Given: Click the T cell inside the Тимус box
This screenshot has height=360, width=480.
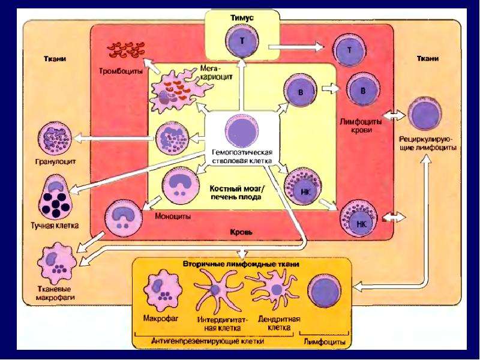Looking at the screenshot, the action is (x=242, y=41).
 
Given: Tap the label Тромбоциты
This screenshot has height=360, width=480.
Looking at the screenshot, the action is (x=121, y=71).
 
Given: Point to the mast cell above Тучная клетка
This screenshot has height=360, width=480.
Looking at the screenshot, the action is (x=55, y=196).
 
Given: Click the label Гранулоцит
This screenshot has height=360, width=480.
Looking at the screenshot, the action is (x=55, y=161).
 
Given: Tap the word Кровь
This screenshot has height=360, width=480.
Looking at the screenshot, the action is (x=241, y=232).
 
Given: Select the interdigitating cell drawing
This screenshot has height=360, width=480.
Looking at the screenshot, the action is (x=216, y=291).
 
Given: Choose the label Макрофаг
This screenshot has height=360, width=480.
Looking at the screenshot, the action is (x=161, y=319).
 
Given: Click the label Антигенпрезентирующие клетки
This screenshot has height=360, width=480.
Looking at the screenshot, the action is (x=208, y=341).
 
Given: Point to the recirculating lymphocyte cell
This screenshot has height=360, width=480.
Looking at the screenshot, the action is (x=425, y=113).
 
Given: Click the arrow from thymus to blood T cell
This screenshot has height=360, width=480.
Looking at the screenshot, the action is (x=296, y=47).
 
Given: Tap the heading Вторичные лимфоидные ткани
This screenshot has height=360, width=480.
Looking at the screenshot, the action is (x=241, y=264).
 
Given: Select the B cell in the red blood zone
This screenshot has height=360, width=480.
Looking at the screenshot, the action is (x=363, y=90).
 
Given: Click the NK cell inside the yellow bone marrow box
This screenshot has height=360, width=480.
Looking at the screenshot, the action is (x=303, y=187).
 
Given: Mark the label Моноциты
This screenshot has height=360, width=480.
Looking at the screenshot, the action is (x=173, y=217).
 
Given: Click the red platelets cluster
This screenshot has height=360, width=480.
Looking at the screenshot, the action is (x=125, y=50).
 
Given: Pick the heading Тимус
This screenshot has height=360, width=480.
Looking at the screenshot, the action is (x=242, y=18).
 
